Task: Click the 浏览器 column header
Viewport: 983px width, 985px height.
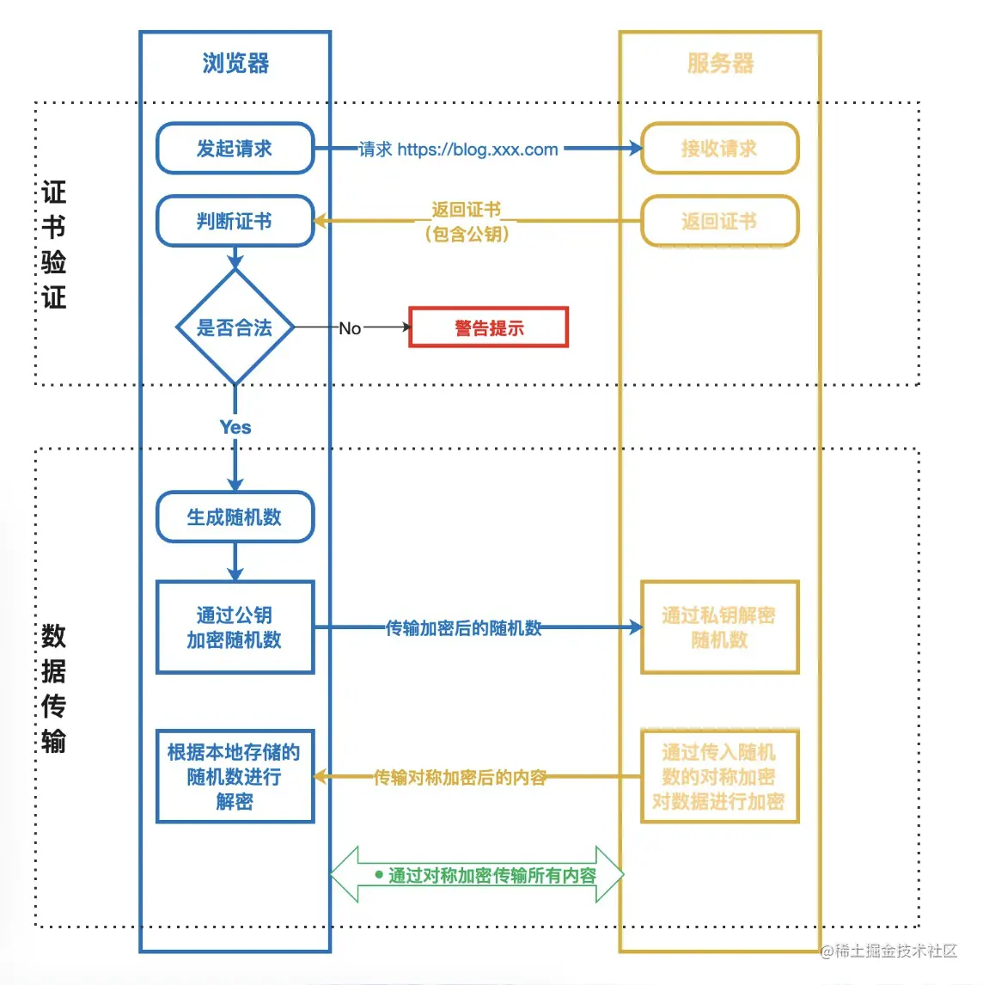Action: pos(235,63)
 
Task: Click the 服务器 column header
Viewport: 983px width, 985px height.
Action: pos(720,63)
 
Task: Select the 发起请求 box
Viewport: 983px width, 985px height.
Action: pos(235,149)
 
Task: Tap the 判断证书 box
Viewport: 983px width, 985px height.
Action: pos(235,222)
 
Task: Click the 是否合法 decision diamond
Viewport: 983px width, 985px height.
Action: pos(235,327)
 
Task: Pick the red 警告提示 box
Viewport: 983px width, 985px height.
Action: pos(488,327)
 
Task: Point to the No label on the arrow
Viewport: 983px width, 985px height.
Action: pos(350,328)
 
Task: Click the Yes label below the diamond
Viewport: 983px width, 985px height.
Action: pos(235,427)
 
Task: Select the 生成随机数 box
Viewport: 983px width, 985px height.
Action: pos(235,517)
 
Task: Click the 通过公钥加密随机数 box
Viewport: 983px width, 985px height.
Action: pos(235,627)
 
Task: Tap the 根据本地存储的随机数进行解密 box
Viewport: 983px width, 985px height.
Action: pos(235,777)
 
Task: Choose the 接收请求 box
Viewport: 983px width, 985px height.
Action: pos(720,149)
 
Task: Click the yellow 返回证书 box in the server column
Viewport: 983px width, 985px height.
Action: pos(720,222)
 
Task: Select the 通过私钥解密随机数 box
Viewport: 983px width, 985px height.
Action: pos(720,627)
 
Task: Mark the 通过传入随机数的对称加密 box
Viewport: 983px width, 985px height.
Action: pos(720,777)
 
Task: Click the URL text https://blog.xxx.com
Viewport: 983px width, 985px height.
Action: pos(478,150)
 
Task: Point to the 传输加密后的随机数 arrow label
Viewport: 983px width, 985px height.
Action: pos(463,628)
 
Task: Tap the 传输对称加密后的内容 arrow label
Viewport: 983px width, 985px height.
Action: pos(460,778)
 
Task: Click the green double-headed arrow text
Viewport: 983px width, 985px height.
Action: pos(491,876)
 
